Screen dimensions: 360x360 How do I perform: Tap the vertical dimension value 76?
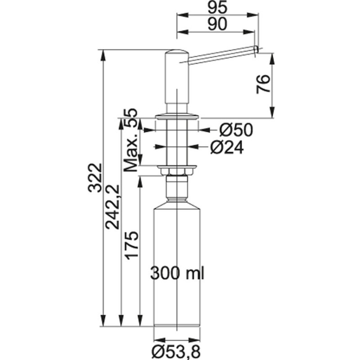(263, 84)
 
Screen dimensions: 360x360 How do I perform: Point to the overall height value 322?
(95, 177)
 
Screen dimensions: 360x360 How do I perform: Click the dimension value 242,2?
(112, 207)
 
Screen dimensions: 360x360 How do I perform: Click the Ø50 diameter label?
(236, 130)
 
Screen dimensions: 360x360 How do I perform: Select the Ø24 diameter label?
(227, 148)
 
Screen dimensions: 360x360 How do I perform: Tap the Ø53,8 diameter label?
(176, 352)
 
